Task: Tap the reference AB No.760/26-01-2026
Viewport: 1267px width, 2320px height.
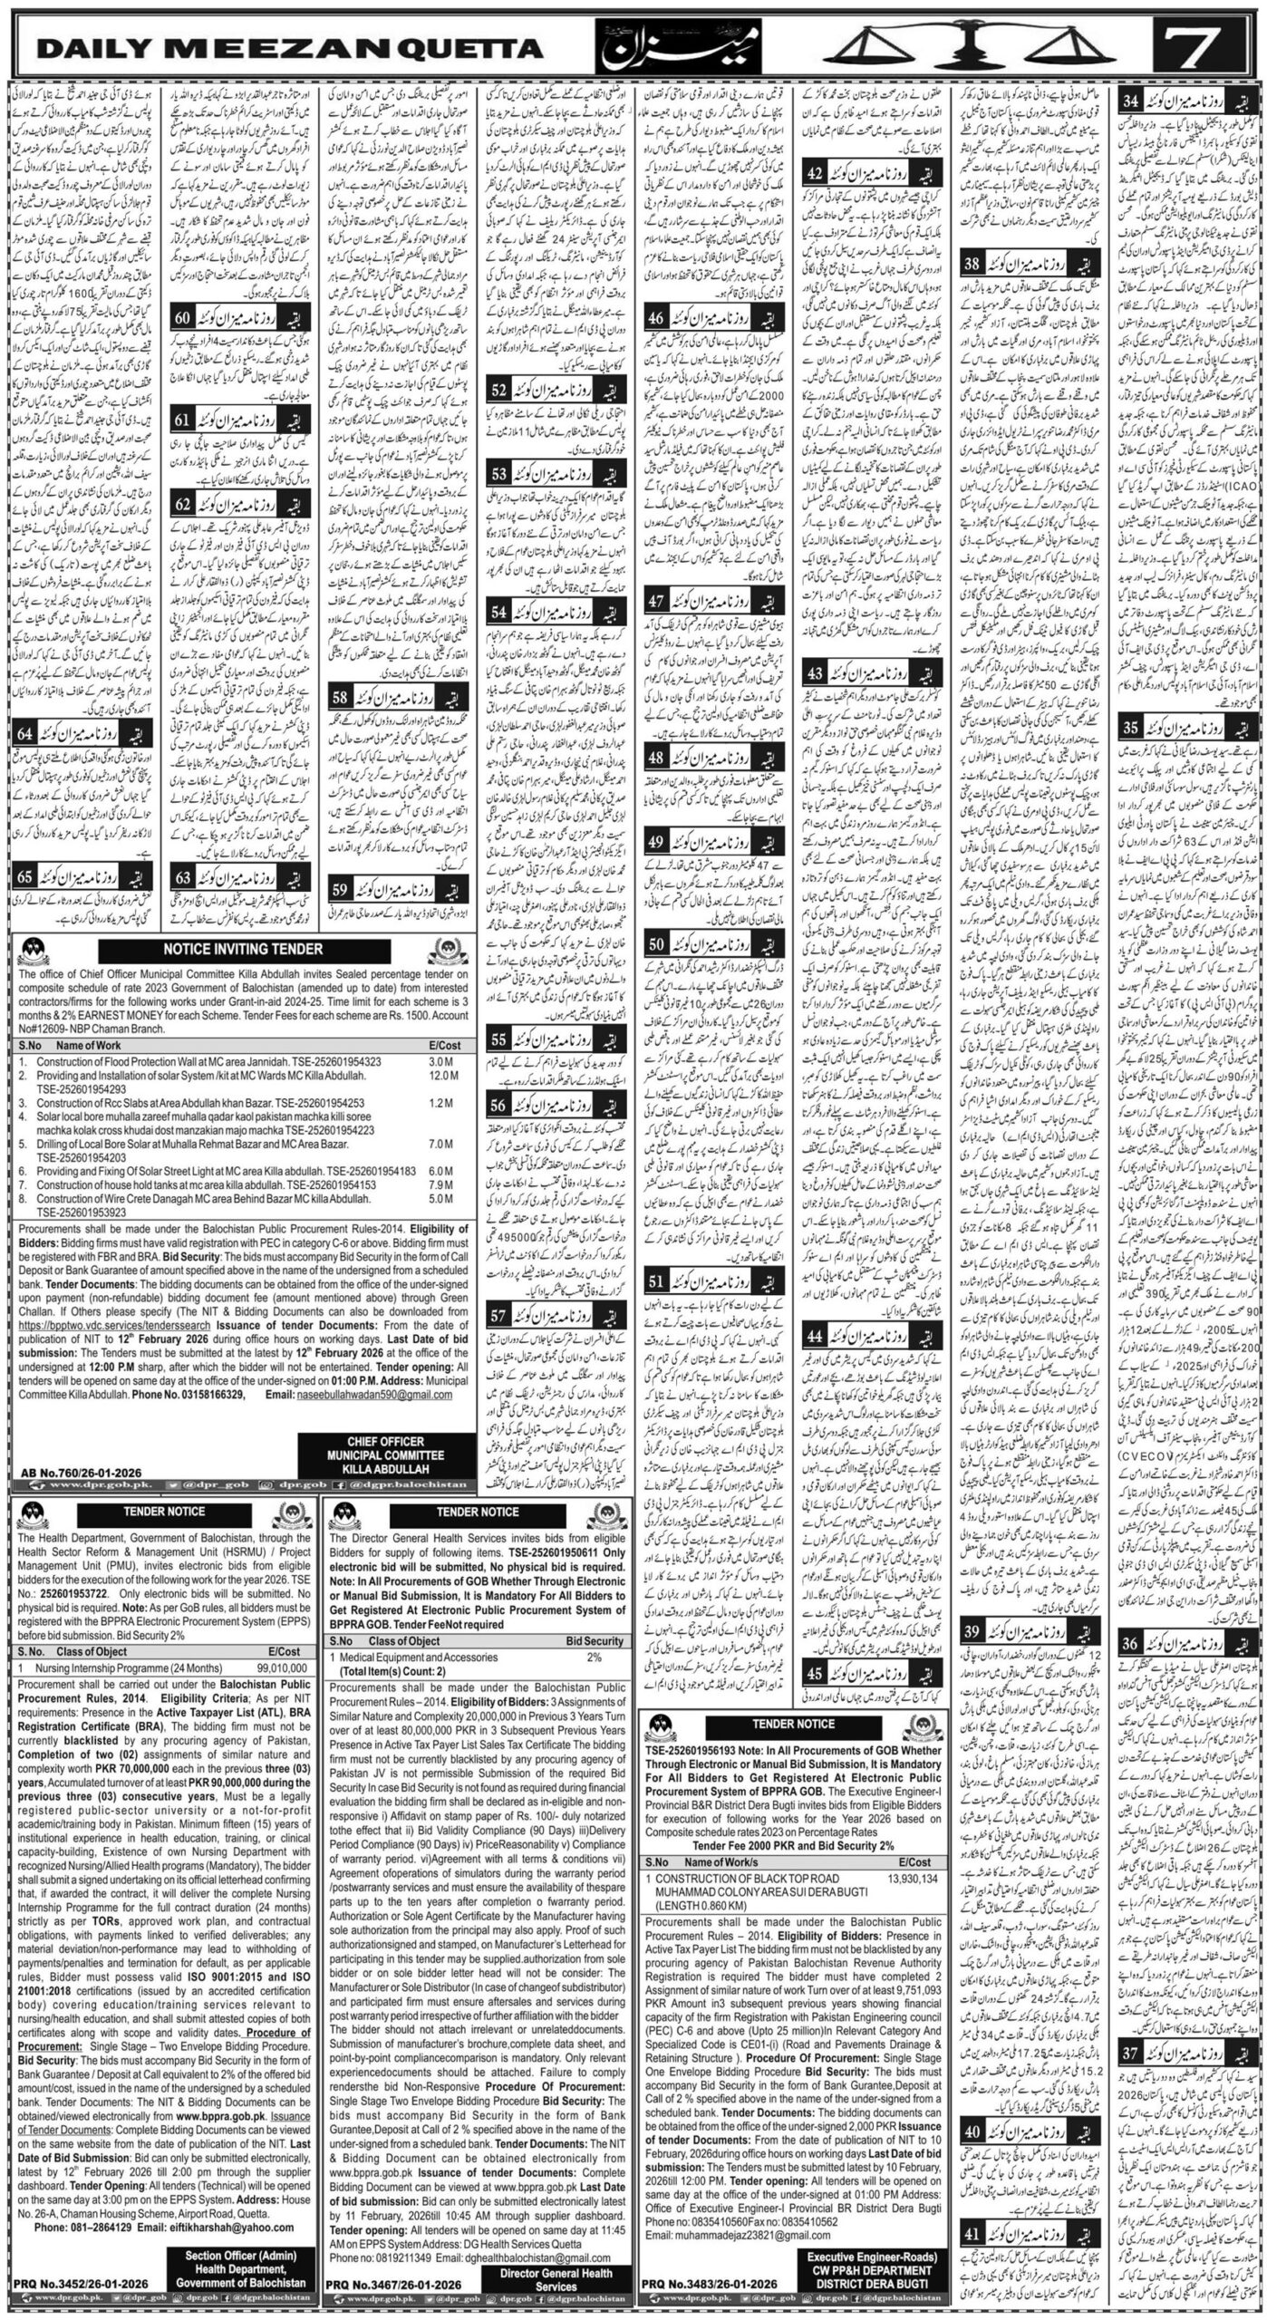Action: (63, 1476)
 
